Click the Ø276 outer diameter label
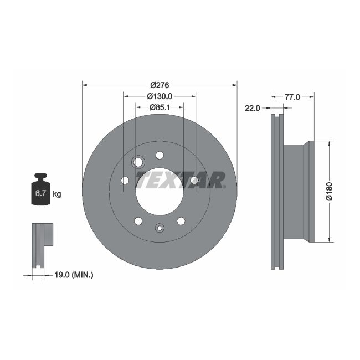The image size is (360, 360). [160, 85]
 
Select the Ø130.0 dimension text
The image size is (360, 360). [160, 96]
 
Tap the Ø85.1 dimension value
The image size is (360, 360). [160, 107]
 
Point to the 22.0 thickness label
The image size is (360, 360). [253, 108]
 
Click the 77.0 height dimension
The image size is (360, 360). [292, 97]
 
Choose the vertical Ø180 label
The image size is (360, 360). [328, 191]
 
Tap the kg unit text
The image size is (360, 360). [56, 194]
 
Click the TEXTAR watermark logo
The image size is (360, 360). [181, 180]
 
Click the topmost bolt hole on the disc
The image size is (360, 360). [160, 155]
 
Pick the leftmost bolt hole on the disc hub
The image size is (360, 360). [125, 180]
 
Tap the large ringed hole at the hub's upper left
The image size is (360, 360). [138, 162]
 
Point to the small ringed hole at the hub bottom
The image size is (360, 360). [160, 227]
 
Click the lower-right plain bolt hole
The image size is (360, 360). [181, 222]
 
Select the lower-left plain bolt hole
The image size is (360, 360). [138, 222]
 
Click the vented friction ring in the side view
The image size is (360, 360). [277, 191]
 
